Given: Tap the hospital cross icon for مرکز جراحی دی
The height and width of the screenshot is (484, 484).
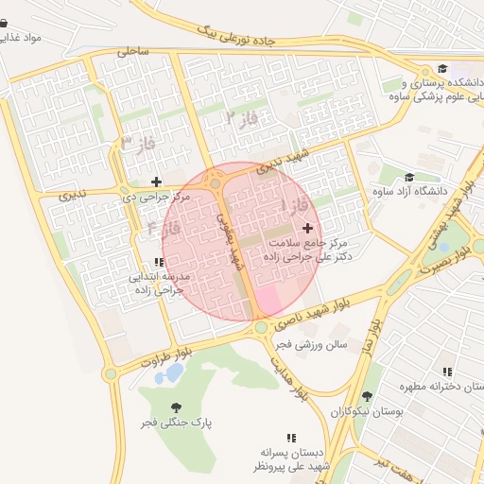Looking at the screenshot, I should pyautogui.click(x=156, y=181).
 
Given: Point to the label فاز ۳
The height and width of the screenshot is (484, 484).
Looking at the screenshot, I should pyautogui.click(x=138, y=144).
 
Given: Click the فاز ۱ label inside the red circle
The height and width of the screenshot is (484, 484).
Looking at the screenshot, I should pyautogui.click(x=286, y=205).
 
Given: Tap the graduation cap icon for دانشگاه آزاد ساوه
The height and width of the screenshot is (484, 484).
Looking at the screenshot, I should pyautogui.click(x=408, y=177).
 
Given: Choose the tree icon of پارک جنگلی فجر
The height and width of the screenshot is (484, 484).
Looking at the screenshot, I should pyautogui.click(x=176, y=406).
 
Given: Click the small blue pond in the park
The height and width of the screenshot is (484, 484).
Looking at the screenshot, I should pyautogui.click(x=174, y=372).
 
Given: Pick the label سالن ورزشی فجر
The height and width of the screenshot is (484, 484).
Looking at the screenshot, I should pyautogui.click(x=310, y=345).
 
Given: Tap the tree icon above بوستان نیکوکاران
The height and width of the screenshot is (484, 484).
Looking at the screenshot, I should pyautogui.click(x=367, y=396).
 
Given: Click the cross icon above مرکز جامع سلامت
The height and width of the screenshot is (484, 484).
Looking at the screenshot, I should pyautogui.click(x=306, y=228).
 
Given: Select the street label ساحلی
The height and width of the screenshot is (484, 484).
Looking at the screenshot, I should pyautogui.click(x=133, y=53).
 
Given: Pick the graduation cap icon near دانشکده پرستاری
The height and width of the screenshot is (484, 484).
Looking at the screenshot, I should pyautogui.click(x=442, y=68).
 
